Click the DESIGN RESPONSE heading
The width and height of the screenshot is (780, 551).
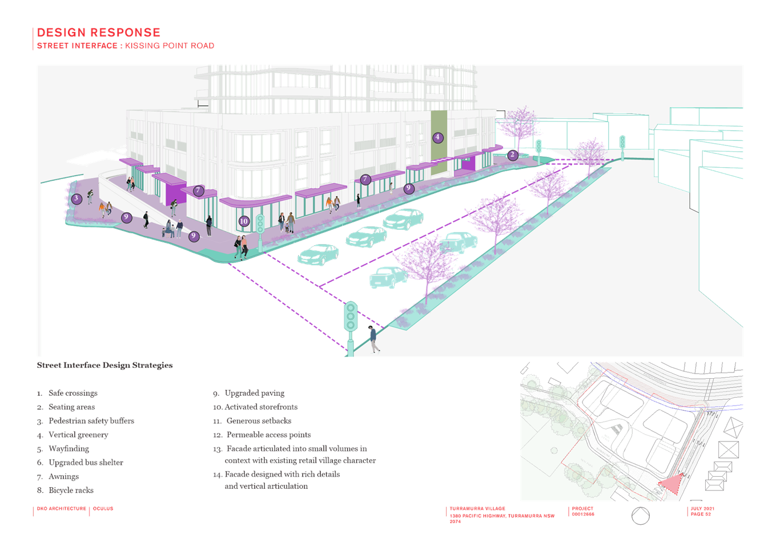coord(99,33)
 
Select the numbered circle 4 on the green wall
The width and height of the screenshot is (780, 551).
coord(438,137)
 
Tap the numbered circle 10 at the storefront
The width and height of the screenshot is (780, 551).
coord(244,221)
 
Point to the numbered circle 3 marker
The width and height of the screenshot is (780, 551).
coord(77,199)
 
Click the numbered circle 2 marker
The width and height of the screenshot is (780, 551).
coord(512,155)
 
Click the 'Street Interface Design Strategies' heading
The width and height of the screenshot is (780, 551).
coord(105,365)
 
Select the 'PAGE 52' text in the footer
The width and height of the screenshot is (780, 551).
coord(701,514)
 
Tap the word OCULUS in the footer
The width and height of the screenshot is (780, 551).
coord(103,509)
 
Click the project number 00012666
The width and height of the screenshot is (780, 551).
coord(583,514)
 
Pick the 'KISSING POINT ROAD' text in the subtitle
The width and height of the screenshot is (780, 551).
coord(170,46)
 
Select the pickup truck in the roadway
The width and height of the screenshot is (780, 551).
coord(388,277)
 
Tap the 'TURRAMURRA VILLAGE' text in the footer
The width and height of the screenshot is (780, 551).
coord(477,509)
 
